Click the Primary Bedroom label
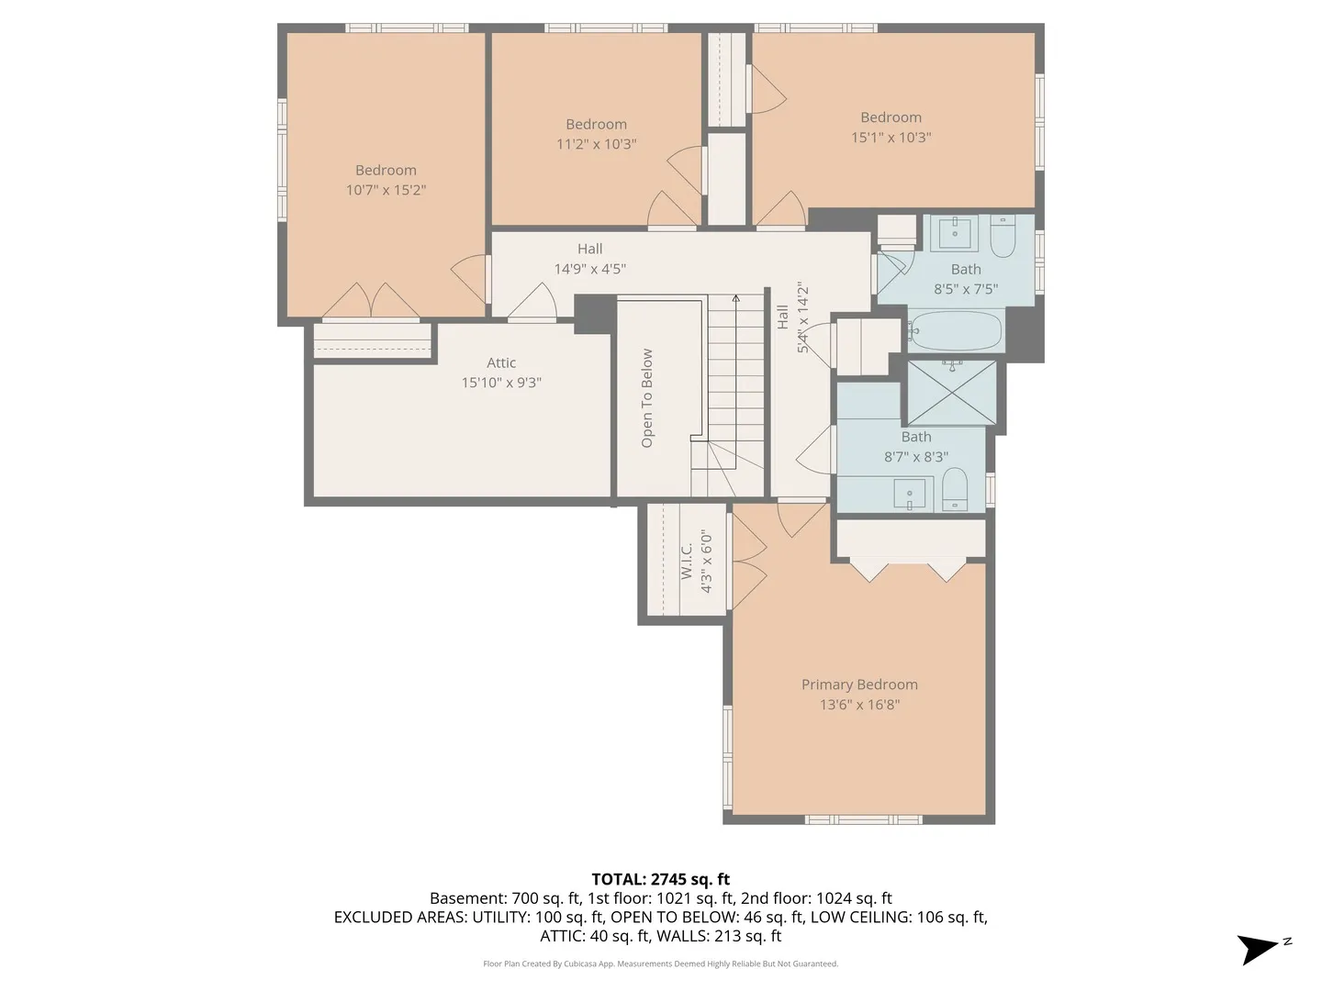click(x=859, y=685)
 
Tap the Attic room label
click(x=501, y=362)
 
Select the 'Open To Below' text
click(x=647, y=397)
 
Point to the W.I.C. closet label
click(x=688, y=562)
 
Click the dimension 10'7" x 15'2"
click(x=386, y=190)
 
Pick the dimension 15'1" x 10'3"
click(x=891, y=138)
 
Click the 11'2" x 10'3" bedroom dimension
click(x=596, y=144)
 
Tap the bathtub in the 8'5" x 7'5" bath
click(x=955, y=330)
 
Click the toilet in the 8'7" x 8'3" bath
click(x=954, y=490)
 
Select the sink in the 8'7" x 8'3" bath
click(x=910, y=494)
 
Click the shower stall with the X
click(x=952, y=393)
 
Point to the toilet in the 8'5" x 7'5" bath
click(x=1003, y=237)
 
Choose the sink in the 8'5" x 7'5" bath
click(x=955, y=234)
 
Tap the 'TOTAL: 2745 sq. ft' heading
click(x=661, y=879)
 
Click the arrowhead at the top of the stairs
click(x=735, y=298)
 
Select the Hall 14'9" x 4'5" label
click(x=589, y=259)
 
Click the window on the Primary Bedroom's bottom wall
click(x=864, y=819)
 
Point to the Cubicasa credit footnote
click(x=661, y=963)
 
